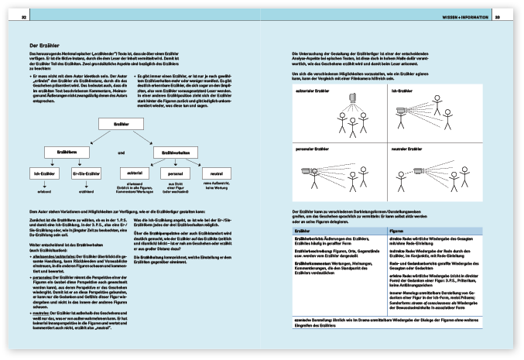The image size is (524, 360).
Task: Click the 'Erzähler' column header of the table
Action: coord(303,230)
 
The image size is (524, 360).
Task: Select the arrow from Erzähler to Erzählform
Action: coord(87,139)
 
